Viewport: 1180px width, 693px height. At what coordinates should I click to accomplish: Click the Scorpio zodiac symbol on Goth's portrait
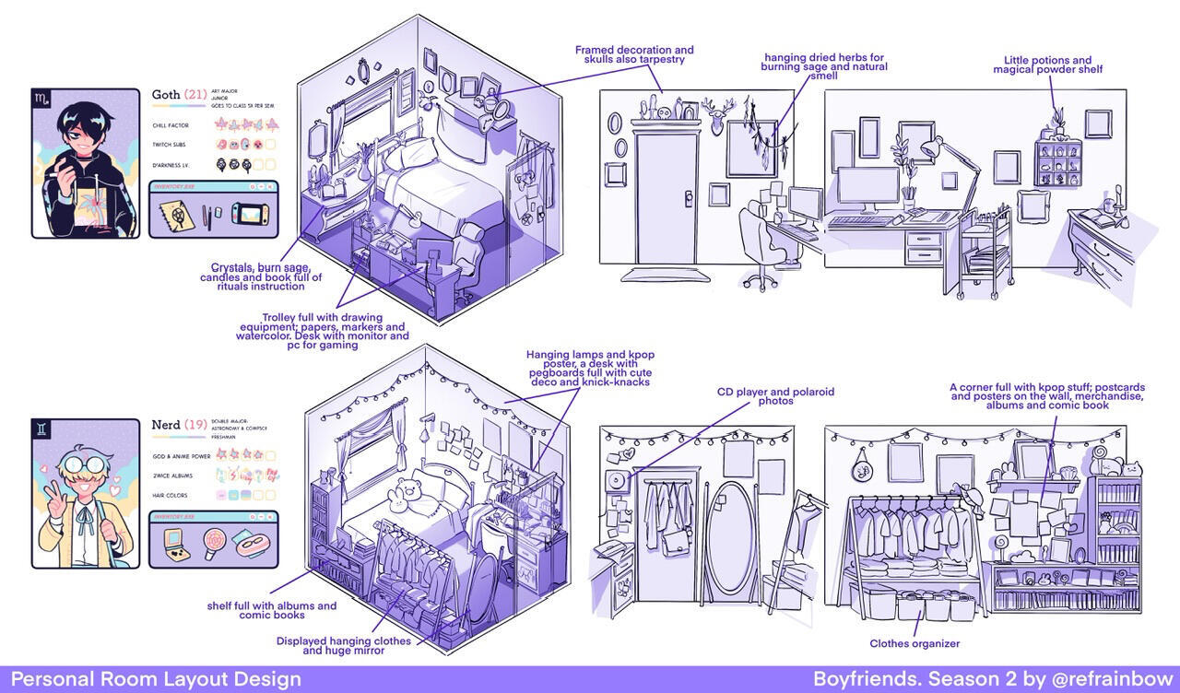tap(42, 98)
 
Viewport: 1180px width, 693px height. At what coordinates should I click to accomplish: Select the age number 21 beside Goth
tap(195, 94)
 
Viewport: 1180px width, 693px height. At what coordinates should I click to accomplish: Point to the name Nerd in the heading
tap(166, 425)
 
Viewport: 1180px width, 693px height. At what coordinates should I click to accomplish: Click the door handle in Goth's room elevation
tap(688, 195)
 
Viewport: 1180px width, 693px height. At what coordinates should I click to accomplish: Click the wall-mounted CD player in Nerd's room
tap(617, 481)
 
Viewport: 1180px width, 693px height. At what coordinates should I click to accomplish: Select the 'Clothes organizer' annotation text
tap(914, 643)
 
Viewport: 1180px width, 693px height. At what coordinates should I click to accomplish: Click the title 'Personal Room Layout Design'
tap(156, 679)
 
